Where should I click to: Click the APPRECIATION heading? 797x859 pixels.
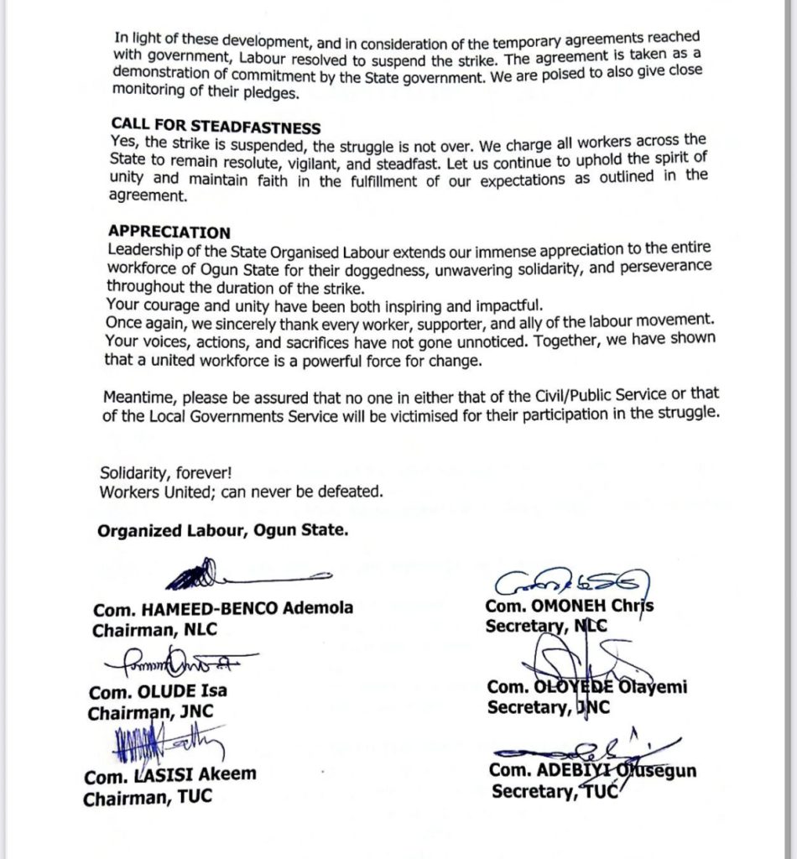click(169, 232)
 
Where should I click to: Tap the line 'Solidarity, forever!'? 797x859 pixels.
click(166, 473)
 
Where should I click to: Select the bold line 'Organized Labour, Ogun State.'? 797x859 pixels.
click(222, 530)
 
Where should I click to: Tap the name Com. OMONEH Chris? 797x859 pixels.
click(570, 606)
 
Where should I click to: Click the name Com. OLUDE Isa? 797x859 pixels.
click(158, 692)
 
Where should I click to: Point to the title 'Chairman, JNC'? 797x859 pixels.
click(151, 713)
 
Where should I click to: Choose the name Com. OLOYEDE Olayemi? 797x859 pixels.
click(587, 687)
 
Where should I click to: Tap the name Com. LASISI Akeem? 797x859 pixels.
click(170, 776)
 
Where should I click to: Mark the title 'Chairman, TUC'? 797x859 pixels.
click(148, 798)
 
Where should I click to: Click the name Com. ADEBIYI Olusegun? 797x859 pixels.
click(592, 770)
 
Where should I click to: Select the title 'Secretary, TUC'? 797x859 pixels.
click(556, 791)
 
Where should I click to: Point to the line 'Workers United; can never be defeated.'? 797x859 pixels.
click(241, 492)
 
